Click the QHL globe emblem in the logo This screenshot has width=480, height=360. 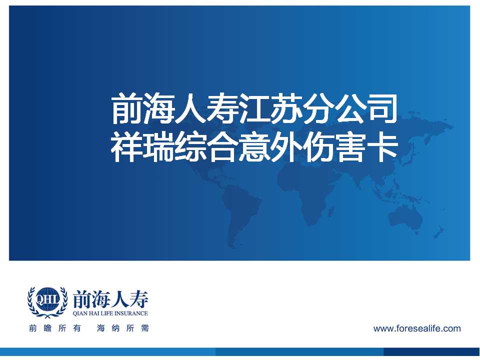(x=47, y=301)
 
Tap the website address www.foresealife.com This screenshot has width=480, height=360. (x=417, y=328)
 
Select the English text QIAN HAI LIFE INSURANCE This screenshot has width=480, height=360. (x=110, y=313)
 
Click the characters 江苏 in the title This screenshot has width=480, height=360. (x=269, y=109)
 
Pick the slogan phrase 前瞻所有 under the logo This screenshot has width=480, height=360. (x=55, y=328)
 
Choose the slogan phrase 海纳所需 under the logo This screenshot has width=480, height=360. (x=123, y=328)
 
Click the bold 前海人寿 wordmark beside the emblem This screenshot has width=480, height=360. (x=110, y=299)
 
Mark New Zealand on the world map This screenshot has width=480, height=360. (x=438, y=232)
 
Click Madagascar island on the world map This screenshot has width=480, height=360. (x=330, y=211)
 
